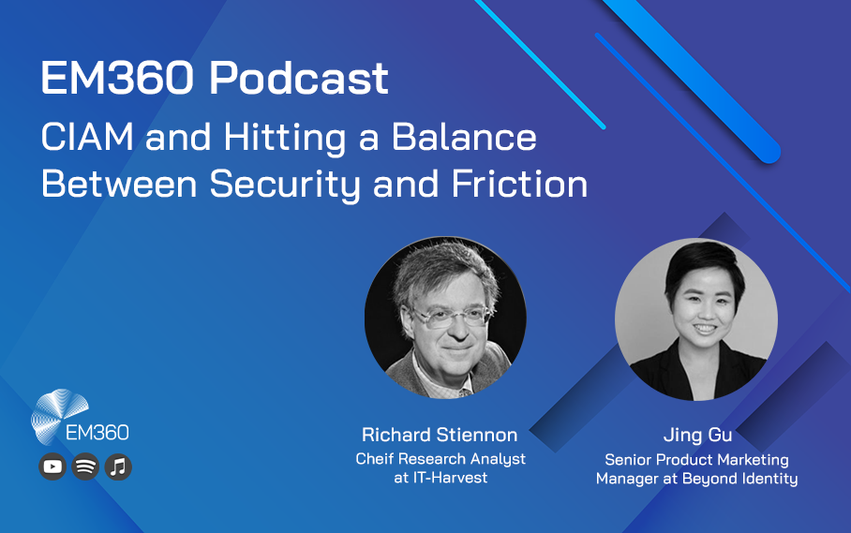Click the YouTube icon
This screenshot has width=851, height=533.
coord(52,466)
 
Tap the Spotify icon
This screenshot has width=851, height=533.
coord(85,466)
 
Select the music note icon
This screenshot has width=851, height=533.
coord(118,466)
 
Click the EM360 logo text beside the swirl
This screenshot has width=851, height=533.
coord(97,433)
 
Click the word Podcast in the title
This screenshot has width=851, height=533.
coord(299,78)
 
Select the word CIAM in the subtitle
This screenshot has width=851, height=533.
coord(87,137)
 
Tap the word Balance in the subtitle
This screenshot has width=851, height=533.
coord(464,137)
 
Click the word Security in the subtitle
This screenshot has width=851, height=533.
coord(285,185)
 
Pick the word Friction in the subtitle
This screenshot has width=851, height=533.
coord(519,184)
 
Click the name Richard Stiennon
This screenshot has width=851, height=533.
coord(440,435)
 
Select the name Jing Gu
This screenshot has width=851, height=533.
coord(698,435)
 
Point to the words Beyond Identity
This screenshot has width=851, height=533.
coord(740,479)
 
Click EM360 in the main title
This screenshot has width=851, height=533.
coord(117,78)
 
